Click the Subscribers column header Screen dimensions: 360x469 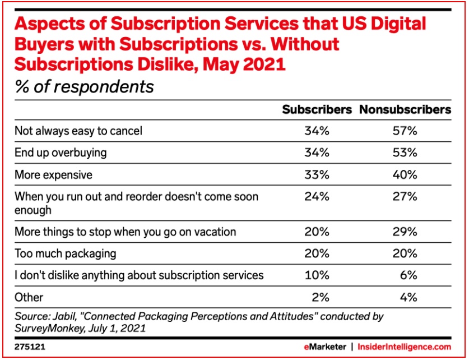[x=317, y=110]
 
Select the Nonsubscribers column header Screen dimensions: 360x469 [x=405, y=110]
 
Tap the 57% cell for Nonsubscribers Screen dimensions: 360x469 [x=405, y=131]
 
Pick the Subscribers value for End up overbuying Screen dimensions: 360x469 [x=317, y=153]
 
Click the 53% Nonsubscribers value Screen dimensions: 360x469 [x=405, y=153]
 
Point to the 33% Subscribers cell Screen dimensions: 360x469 [x=317, y=175]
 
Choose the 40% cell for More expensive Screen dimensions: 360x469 [x=405, y=175]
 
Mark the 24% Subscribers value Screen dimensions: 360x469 [x=317, y=197]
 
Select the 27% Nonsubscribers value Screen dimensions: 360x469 [x=405, y=197]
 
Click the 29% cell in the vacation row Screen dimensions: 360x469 [x=405, y=232]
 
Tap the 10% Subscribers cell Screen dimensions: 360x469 [x=317, y=275]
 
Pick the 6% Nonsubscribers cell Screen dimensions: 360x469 [x=409, y=275]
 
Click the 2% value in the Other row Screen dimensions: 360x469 [x=319, y=297]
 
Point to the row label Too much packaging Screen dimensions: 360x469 [x=66, y=253]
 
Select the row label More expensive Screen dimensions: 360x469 [x=53, y=175]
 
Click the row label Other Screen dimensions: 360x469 [x=29, y=297]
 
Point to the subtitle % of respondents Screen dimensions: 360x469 [x=84, y=87]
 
